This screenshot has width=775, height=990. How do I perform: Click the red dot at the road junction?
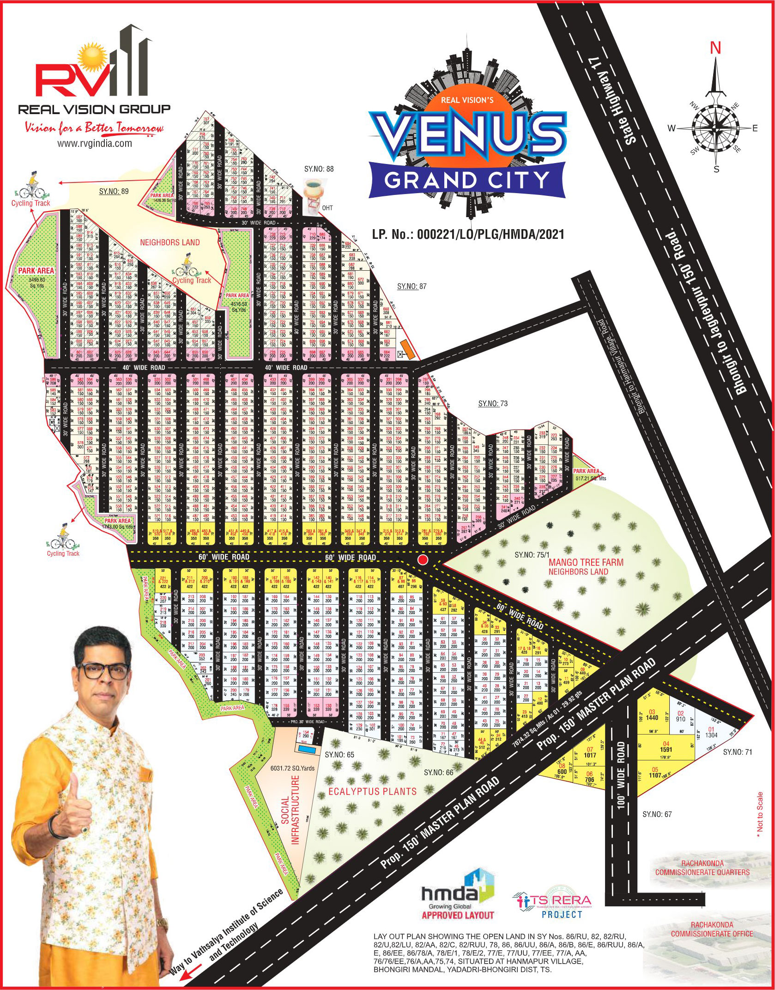(x=421, y=560)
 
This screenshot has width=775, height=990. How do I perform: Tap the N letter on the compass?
(x=715, y=48)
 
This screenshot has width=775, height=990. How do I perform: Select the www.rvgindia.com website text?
(x=94, y=144)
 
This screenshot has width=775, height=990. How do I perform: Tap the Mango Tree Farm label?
(x=586, y=563)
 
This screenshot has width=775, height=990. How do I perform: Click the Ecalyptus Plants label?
(x=372, y=791)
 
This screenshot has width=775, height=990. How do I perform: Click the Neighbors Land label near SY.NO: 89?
(x=170, y=242)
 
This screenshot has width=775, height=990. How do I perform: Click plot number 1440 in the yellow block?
(x=652, y=730)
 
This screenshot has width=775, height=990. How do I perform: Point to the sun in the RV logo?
(x=86, y=58)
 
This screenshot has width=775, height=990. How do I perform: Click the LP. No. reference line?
(x=468, y=234)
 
